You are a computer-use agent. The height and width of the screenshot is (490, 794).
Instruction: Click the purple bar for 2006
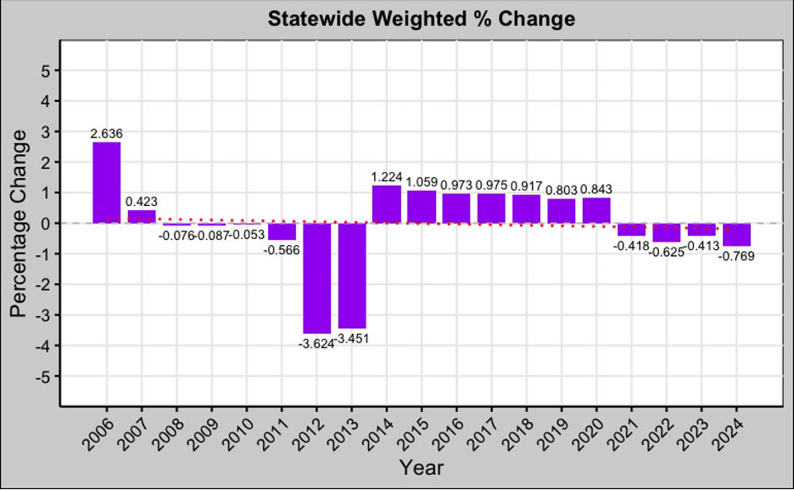click(107, 182)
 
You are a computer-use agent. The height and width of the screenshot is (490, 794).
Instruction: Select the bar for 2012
click(317, 278)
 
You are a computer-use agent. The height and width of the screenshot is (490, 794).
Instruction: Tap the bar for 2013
click(352, 276)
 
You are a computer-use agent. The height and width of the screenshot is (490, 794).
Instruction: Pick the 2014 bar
click(387, 204)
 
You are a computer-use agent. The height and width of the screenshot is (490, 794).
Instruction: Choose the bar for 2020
click(596, 210)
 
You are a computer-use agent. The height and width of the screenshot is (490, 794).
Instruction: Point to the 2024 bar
click(736, 235)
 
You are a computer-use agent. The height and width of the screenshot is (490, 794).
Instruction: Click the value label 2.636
click(107, 133)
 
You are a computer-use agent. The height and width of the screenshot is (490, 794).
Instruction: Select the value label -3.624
click(316, 343)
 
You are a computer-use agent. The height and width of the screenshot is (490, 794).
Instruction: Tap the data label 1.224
click(387, 176)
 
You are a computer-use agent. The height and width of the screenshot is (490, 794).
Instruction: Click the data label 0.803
click(562, 190)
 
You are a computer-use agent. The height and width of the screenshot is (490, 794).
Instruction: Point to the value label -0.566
click(282, 250)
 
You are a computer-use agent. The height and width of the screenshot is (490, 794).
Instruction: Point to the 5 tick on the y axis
click(44, 71)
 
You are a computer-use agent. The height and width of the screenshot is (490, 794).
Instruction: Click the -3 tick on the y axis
click(42, 315)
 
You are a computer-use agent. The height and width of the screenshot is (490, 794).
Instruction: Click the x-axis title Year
click(422, 467)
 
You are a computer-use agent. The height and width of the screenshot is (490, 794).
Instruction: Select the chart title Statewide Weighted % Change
click(422, 18)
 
